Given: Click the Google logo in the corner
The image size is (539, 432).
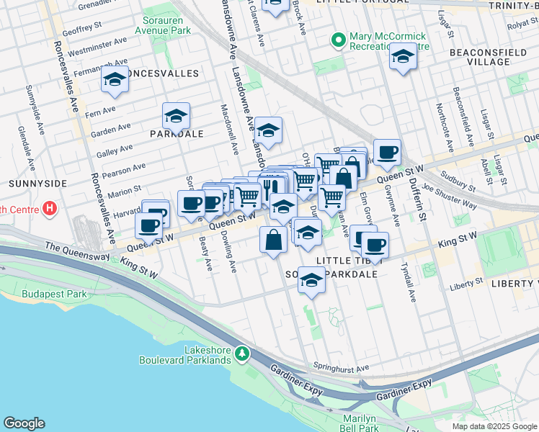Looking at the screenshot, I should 24,423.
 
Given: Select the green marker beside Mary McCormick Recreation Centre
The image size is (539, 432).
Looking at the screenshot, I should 337,41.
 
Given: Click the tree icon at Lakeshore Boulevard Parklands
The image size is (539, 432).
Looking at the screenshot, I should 244,354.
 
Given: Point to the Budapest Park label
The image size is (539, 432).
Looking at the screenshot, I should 54,294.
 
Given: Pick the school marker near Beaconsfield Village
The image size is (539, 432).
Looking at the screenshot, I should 403,56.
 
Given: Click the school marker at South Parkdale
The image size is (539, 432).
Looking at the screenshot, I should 311,280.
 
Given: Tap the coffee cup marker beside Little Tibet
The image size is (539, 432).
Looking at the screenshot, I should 375,245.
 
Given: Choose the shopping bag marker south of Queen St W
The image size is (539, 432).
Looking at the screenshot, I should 274,240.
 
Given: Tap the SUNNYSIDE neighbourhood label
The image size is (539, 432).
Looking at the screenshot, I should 27,184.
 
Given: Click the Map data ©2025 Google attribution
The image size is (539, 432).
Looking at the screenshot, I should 494,426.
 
